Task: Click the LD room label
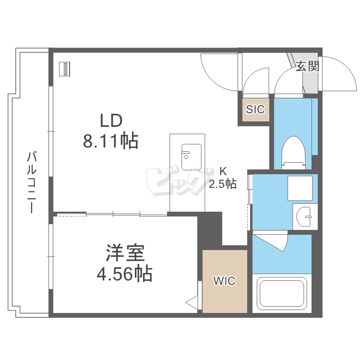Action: [x=111, y=121]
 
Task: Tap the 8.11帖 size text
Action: [x=111, y=140]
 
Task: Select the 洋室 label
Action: [x=125, y=253]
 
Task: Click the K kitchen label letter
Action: [x=223, y=171]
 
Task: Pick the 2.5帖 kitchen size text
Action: [x=222, y=184]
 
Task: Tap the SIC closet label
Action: [x=255, y=109]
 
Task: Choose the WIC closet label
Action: [x=224, y=281]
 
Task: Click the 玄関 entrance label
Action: [x=307, y=66]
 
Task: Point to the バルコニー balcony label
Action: [x=32, y=182]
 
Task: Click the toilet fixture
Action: [x=294, y=153]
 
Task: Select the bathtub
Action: [x=282, y=293]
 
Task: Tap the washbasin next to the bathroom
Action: [x=304, y=216]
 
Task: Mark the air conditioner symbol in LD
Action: [x=64, y=69]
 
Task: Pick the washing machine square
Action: [x=300, y=188]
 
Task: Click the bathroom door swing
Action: [x=276, y=240]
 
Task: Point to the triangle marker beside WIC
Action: [x=192, y=302]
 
